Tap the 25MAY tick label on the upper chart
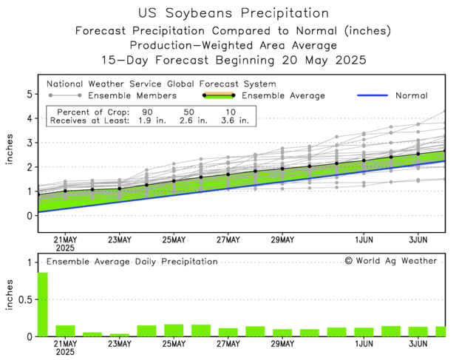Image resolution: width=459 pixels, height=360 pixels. click(x=174, y=240)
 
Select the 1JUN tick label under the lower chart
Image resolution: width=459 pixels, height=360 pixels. click(x=364, y=344)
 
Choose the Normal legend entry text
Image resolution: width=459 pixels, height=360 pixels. click(x=411, y=95)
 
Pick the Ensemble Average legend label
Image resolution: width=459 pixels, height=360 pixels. click(x=283, y=95)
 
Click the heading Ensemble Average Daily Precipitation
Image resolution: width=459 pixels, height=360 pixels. click(x=132, y=261)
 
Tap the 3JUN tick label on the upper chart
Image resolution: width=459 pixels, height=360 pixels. click(x=418, y=240)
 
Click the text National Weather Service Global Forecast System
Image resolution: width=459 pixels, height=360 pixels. click(x=161, y=84)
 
